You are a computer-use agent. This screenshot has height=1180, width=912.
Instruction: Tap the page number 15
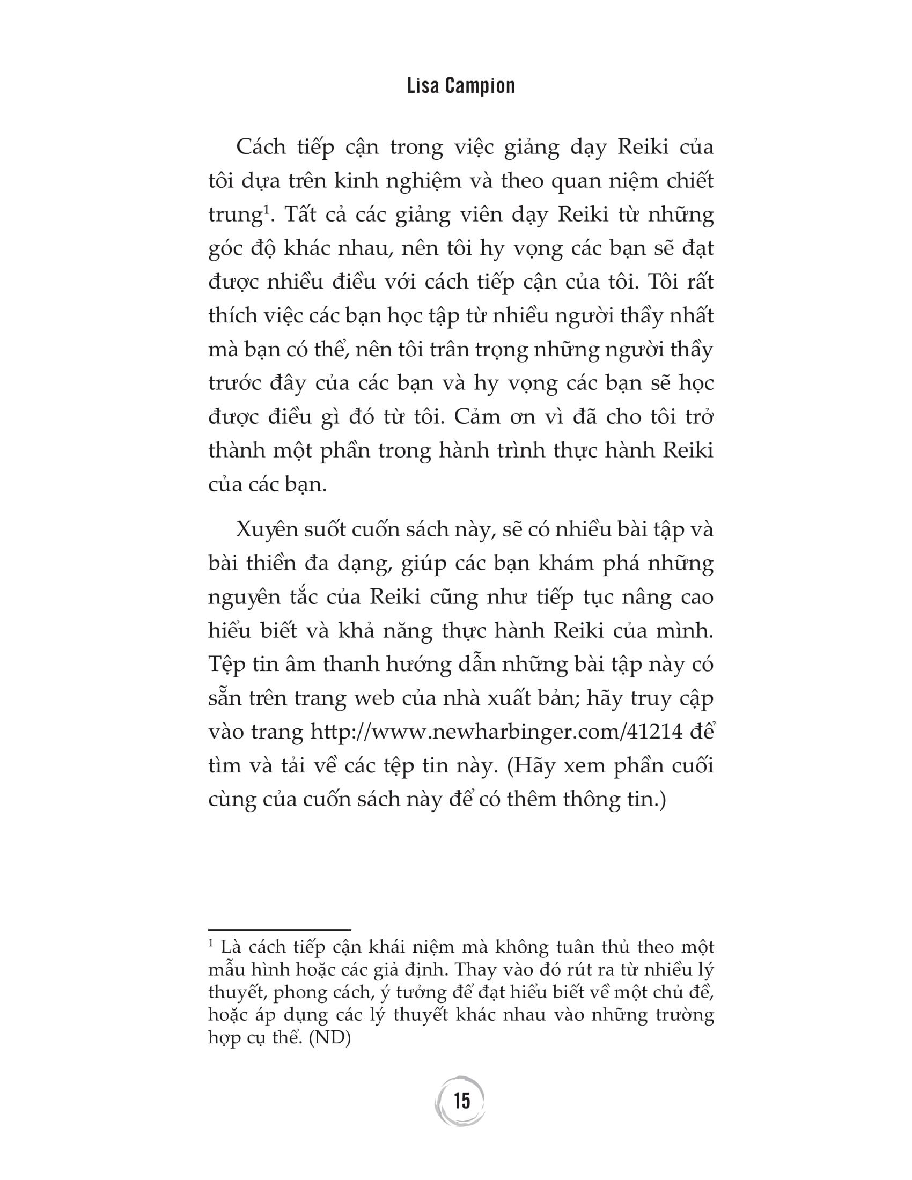462,1101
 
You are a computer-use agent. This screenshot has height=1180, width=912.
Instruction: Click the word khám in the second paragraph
565,564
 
